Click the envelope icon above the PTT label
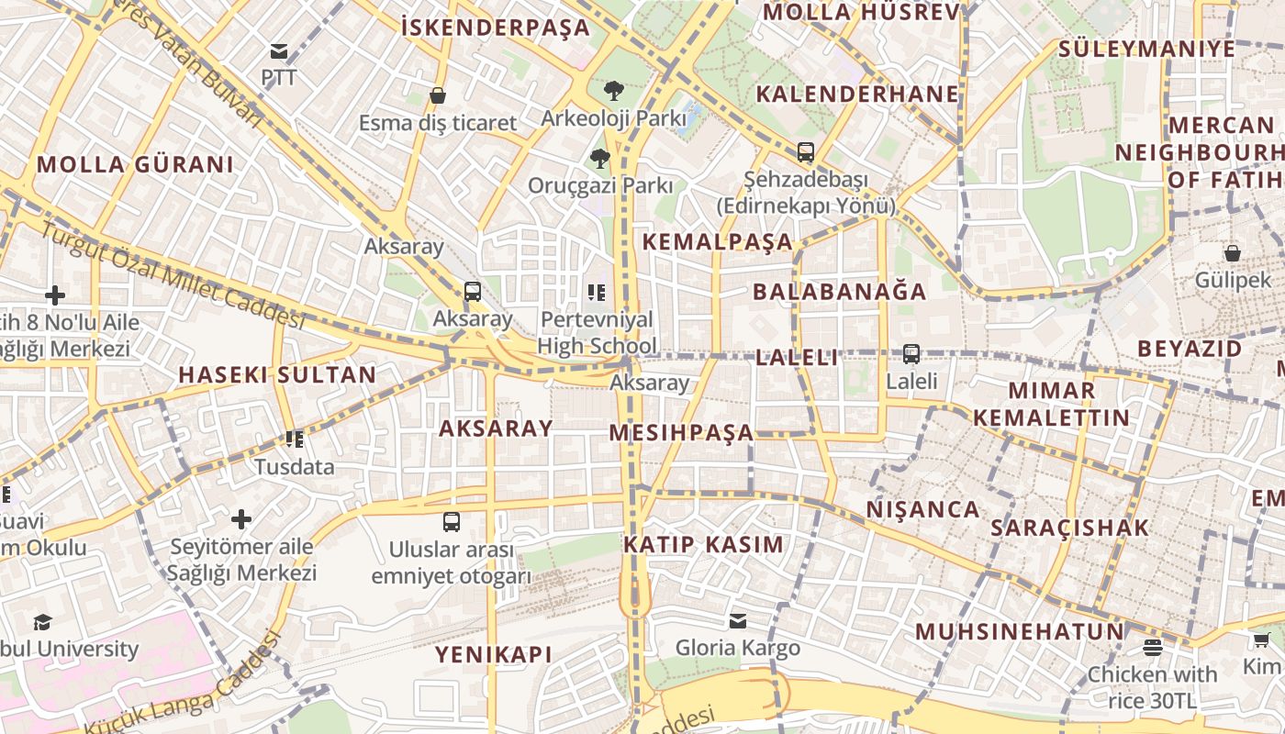click(279, 51)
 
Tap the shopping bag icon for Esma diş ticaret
click(438, 95)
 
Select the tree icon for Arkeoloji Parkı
click(613, 90)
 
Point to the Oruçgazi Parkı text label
click(600, 185)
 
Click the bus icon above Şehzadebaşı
click(805, 152)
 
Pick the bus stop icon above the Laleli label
click(911, 353)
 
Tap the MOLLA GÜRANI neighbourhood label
click(135, 165)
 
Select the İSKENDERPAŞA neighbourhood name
click(496, 28)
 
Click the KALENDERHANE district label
click(857, 94)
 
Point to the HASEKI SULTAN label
click(277, 374)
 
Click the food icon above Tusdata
click(294, 439)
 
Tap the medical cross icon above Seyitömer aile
click(241, 519)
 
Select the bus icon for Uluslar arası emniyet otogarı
click(451, 522)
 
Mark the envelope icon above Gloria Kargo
click(737, 621)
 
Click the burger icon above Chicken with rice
click(1152, 647)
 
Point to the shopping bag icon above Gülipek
click(1232, 253)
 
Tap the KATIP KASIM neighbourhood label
click(704, 544)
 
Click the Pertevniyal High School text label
click(597, 332)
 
